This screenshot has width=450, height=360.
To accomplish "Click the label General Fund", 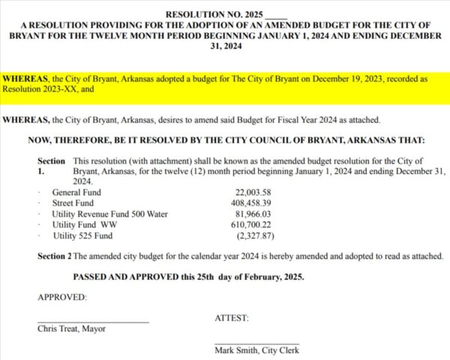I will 76,193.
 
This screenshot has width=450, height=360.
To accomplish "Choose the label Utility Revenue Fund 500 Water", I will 109,214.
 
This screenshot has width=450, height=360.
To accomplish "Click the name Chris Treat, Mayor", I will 71,328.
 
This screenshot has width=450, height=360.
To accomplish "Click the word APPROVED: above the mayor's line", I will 62,297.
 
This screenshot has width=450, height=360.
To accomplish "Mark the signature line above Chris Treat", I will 93,322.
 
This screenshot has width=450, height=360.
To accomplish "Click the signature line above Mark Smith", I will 256,343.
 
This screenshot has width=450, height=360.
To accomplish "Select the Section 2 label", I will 54,256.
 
